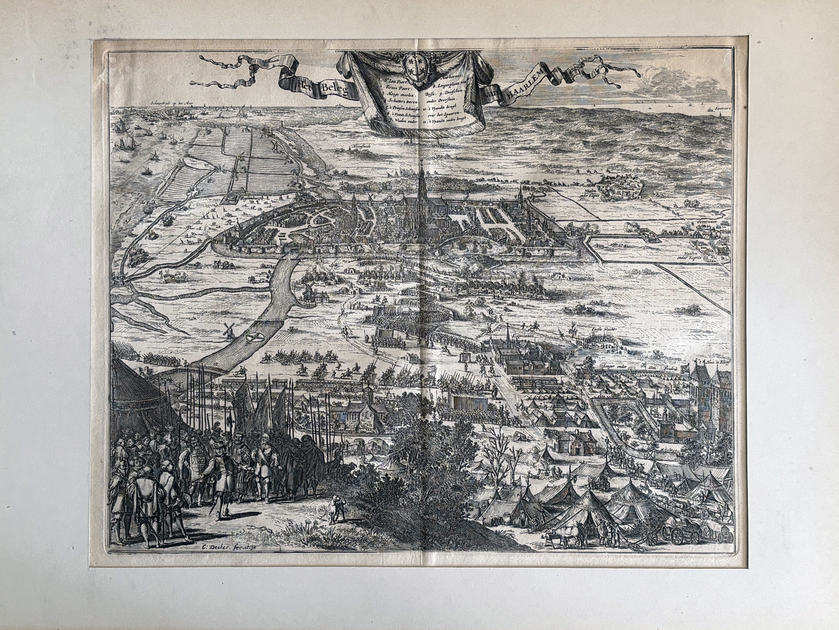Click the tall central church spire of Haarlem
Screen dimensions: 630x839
[422, 185]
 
